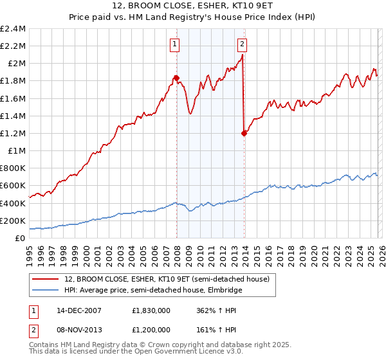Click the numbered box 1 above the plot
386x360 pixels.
click(175, 44)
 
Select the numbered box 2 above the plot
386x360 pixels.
click(242, 44)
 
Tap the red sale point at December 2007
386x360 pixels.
click(176, 78)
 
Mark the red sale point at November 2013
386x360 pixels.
click(244, 133)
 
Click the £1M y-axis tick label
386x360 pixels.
click(16, 151)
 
